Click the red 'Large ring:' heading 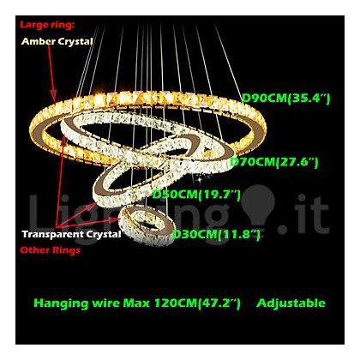pyautogui.click(x=47, y=25)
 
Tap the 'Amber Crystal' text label pyautogui.click(x=57, y=41)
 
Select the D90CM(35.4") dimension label pyautogui.click(x=286, y=99)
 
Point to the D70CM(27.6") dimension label pyautogui.click(x=274, y=163)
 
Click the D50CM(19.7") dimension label pyautogui.click(x=196, y=195)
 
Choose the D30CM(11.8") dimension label pyautogui.click(x=216, y=235)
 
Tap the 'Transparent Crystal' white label pyautogui.click(x=72, y=234)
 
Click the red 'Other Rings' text pyautogui.click(x=50, y=250)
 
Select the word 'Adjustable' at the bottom pyautogui.click(x=291, y=303)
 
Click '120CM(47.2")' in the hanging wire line pyautogui.click(x=197, y=303)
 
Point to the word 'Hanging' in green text pyautogui.click(x=61, y=303)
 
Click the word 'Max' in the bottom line pyautogui.click(x=136, y=303)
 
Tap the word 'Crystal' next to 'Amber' pyautogui.click(x=75, y=42)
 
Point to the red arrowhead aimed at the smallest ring pyautogui.click(x=116, y=219)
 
